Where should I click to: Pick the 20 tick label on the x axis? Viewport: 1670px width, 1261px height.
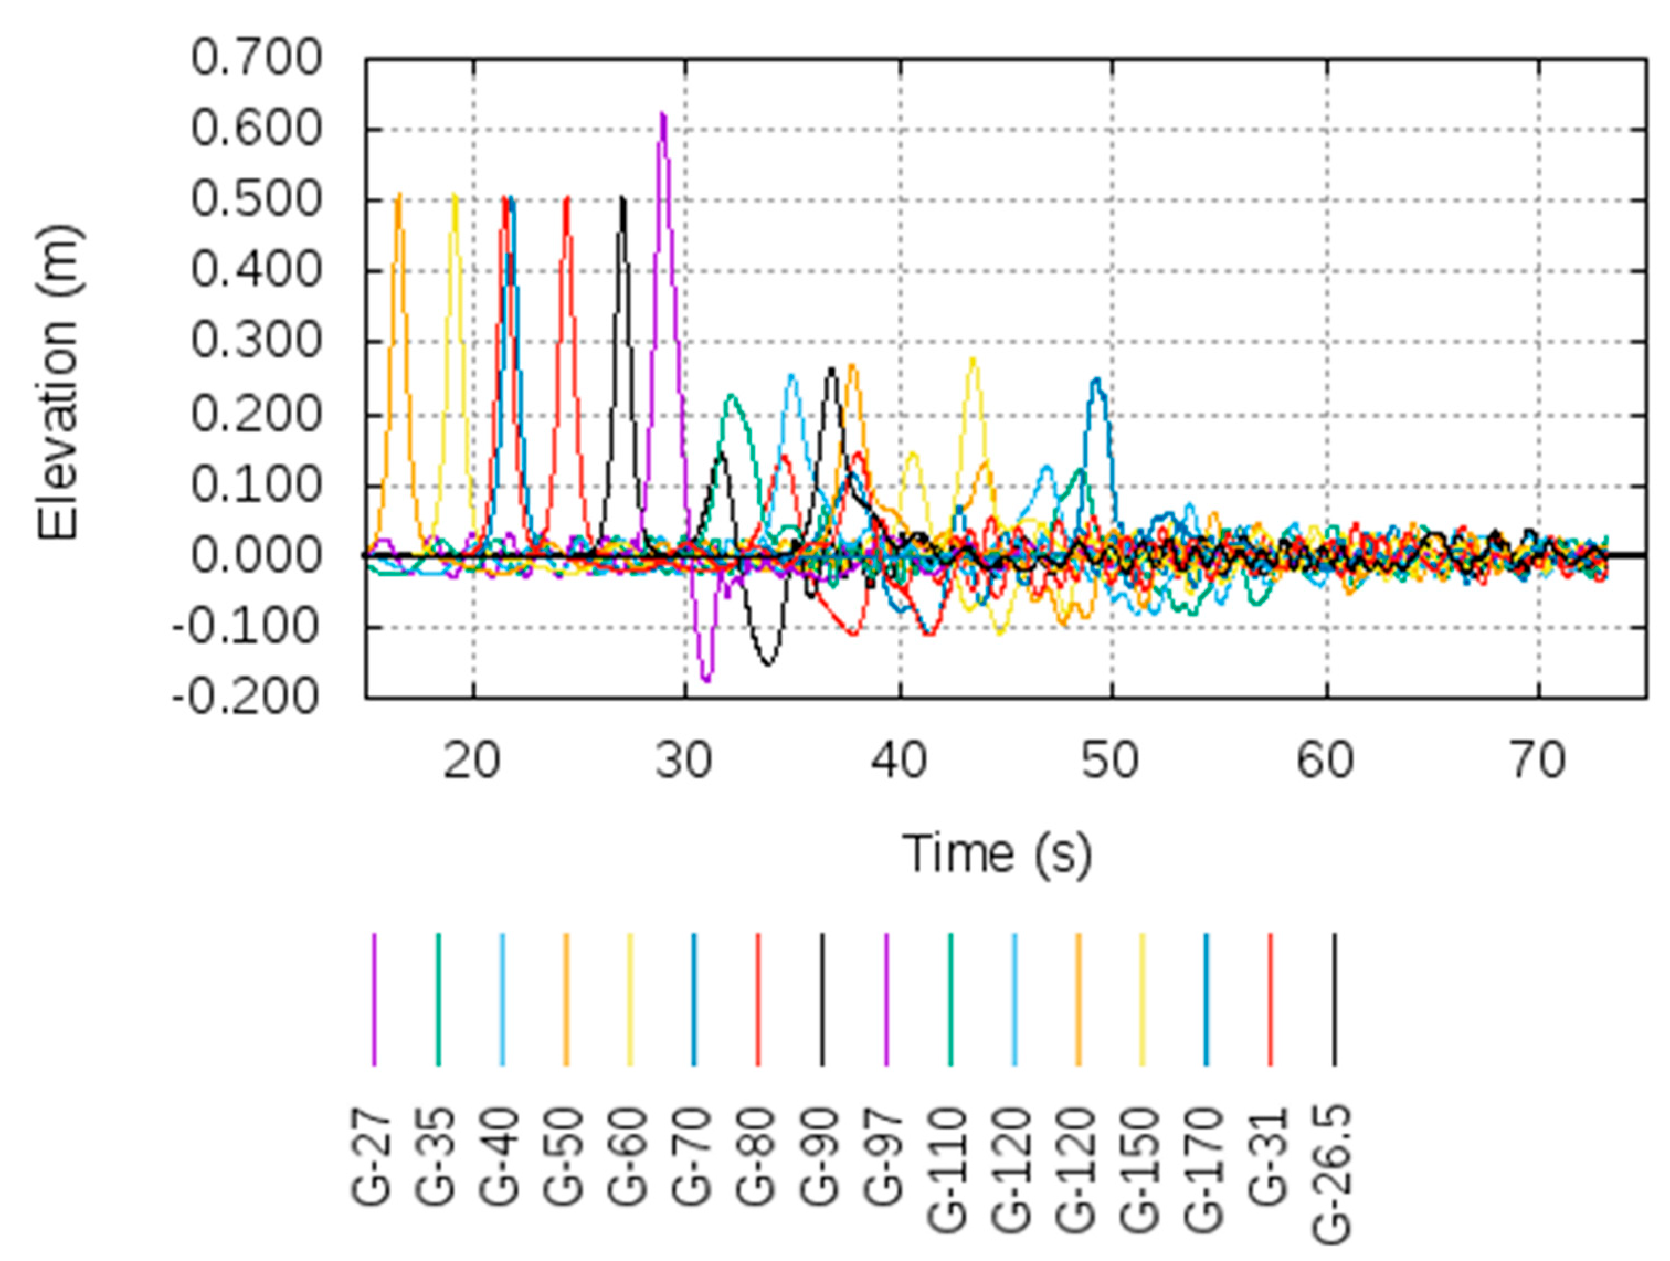point(472,761)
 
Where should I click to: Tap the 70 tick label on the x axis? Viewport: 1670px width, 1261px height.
point(1539,761)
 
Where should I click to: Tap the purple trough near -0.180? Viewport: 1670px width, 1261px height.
point(706,679)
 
